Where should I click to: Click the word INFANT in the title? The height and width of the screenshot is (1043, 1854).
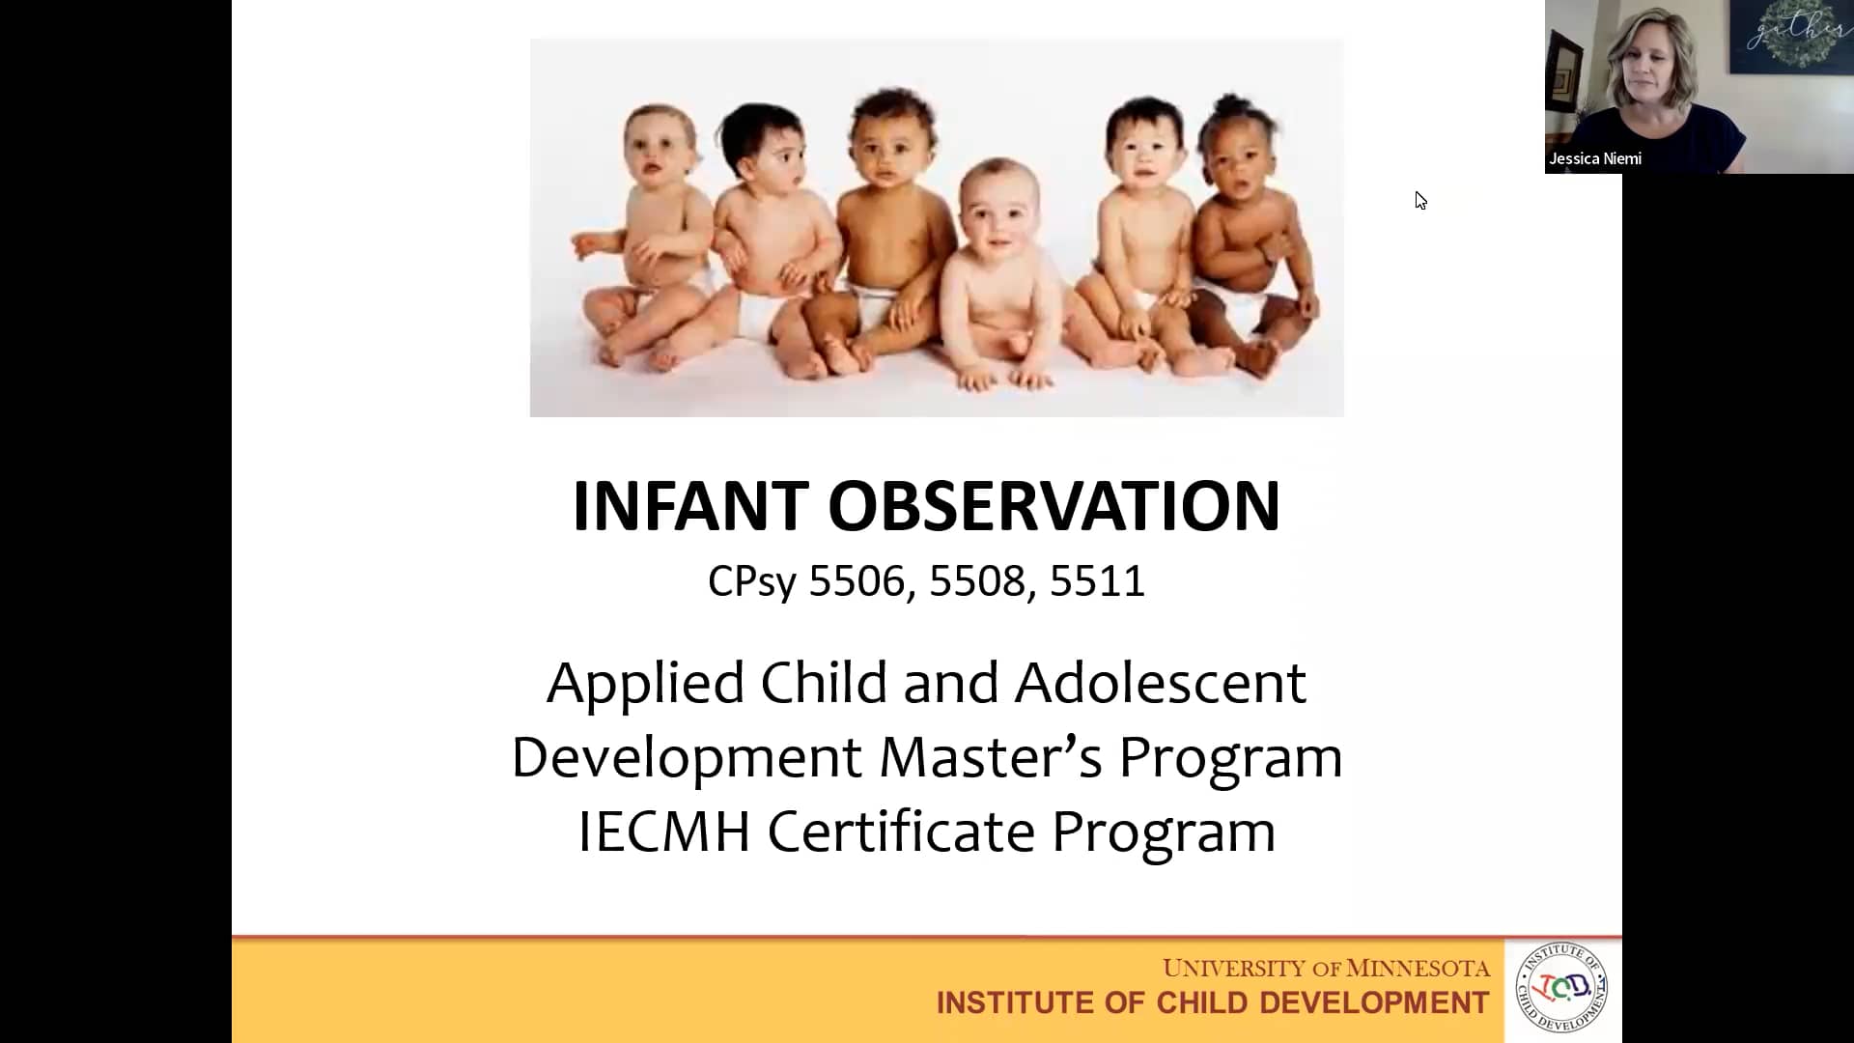[689, 506]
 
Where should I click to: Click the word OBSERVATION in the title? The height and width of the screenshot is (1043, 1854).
[1053, 506]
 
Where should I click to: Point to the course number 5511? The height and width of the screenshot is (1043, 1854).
[1097, 581]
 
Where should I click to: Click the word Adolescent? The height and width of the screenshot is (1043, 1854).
[1160, 684]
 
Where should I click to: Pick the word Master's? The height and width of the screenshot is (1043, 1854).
[990, 757]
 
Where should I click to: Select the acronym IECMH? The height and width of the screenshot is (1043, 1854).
[663, 832]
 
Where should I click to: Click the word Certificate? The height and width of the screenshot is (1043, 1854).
[901, 832]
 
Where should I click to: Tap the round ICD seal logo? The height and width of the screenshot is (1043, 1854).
[1561, 988]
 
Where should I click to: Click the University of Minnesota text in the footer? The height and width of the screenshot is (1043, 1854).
[1326, 968]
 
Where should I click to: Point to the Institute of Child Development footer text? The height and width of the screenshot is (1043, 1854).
[1212, 1003]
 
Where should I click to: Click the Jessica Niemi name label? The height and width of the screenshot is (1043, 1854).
[1595, 159]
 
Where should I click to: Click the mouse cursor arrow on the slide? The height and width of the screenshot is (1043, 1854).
[1420, 200]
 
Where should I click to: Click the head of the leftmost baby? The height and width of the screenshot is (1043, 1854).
[660, 140]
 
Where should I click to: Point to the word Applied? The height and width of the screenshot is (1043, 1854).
[645, 684]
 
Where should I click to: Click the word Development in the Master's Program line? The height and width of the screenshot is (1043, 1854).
[686, 757]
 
